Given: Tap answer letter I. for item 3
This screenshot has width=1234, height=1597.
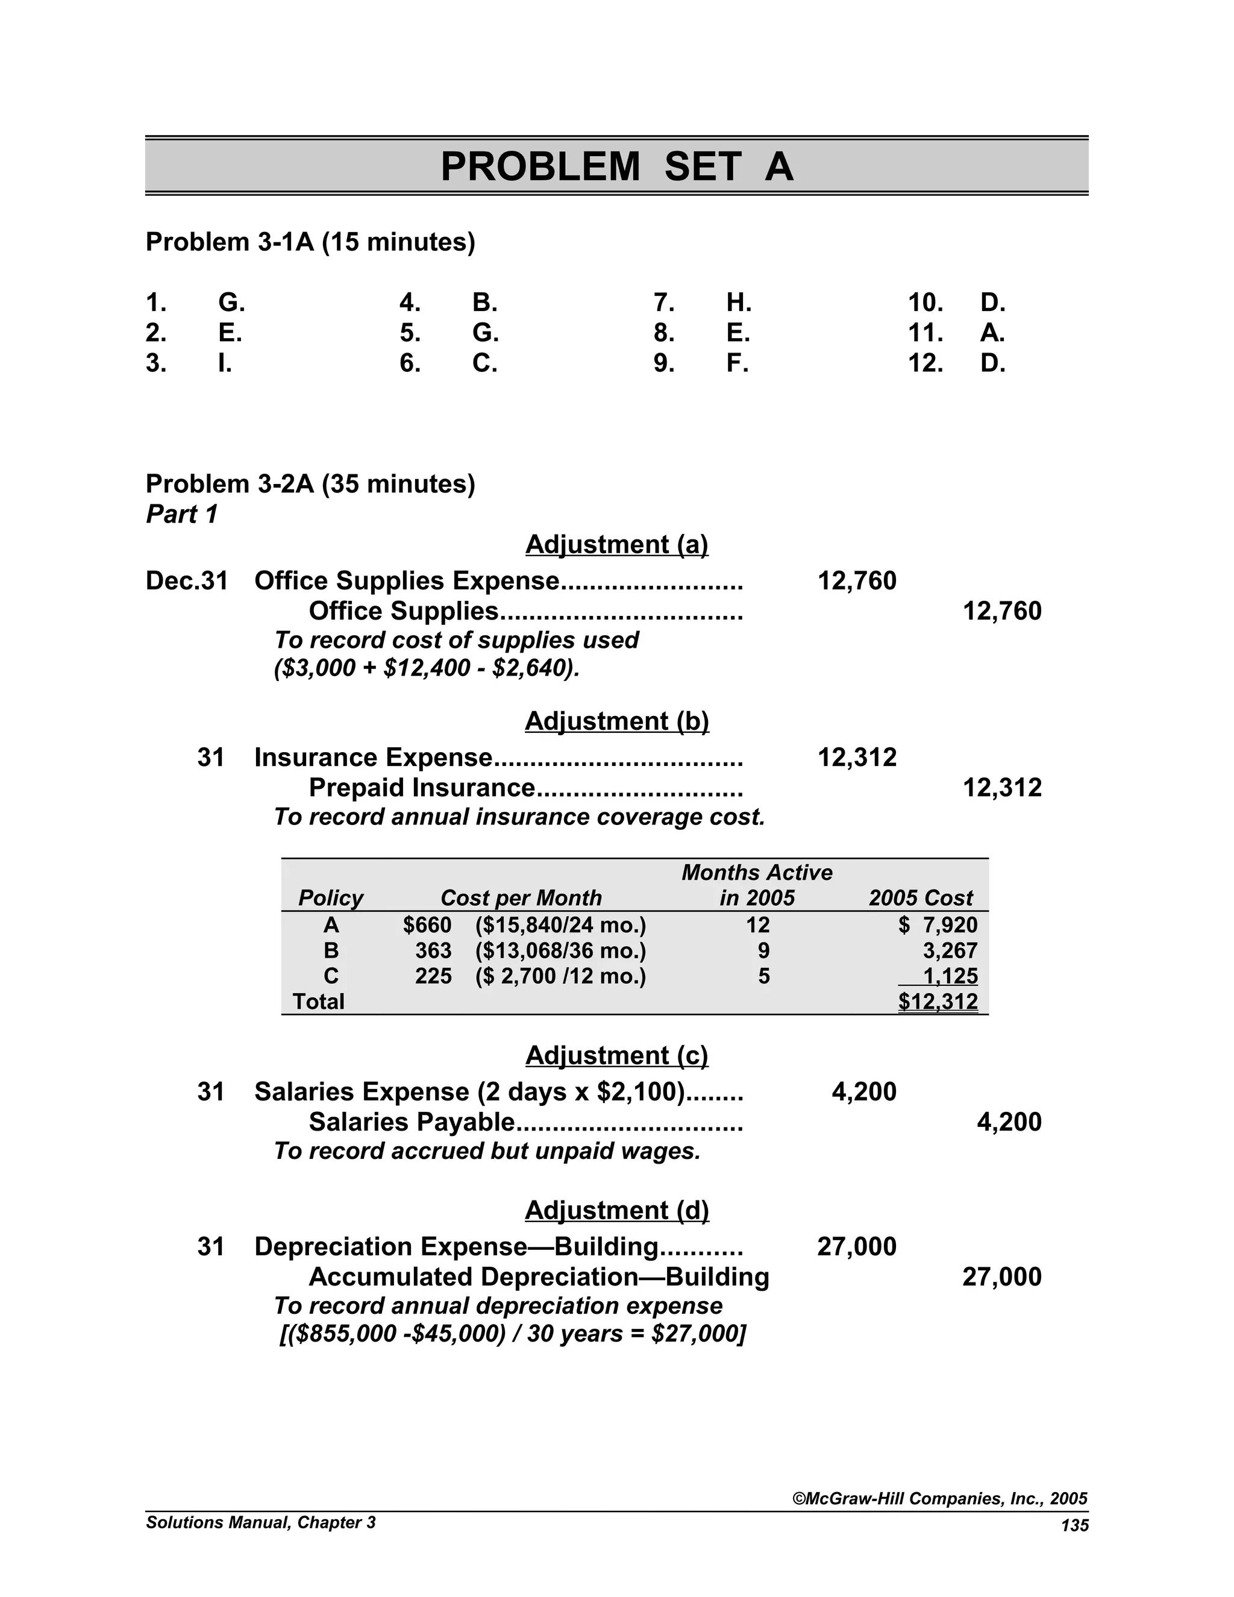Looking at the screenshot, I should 225,363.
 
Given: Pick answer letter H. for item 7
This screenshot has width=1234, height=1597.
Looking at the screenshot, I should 738,302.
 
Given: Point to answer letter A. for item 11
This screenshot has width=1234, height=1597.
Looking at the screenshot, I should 992,333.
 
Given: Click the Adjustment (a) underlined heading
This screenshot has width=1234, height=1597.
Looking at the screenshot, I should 616,545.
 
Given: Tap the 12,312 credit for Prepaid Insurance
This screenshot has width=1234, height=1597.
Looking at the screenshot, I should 1001,788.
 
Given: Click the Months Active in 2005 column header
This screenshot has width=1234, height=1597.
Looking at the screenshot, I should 757,885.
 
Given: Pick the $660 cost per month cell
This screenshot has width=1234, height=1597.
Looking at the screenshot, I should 427,926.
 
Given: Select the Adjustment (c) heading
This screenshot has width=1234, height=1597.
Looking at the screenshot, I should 616,1056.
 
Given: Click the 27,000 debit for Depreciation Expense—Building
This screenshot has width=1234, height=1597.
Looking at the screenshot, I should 856,1247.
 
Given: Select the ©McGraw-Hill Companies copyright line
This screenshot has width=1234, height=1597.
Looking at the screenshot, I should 940,1499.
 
